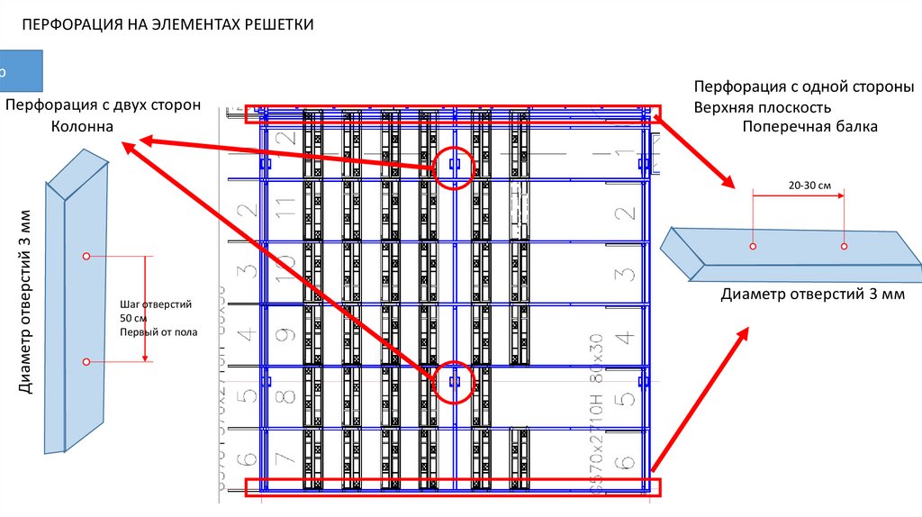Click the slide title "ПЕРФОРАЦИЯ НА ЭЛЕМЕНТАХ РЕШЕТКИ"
[167, 24]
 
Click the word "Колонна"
[82, 127]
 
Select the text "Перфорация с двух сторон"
[103, 105]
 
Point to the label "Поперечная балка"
[809, 127]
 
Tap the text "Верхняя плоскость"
[768, 107]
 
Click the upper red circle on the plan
[454, 167]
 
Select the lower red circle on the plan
[454, 382]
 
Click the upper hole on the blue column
[86, 257]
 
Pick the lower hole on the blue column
[86, 362]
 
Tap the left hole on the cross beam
[753, 246]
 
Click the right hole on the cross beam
[844, 246]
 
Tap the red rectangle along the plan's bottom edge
[453, 487]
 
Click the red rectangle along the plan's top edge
[453, 113]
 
